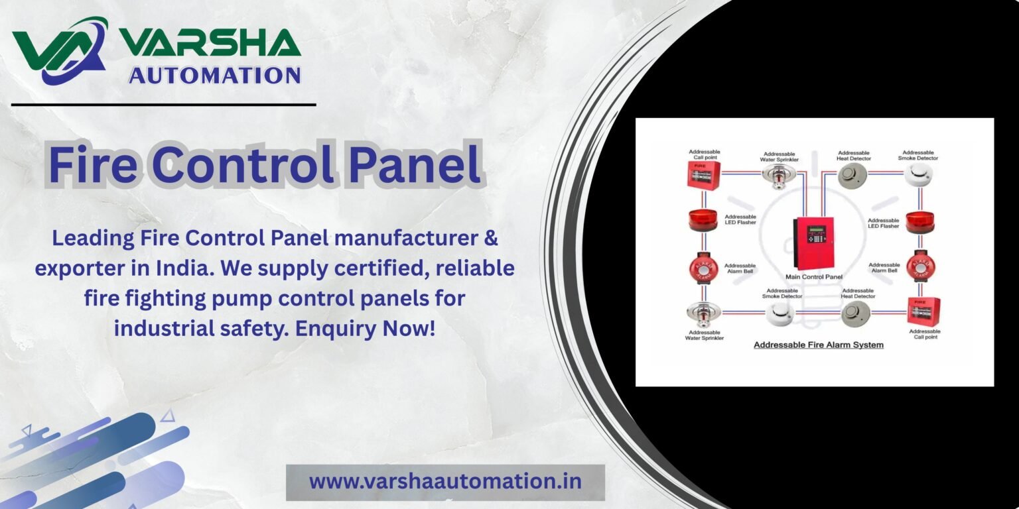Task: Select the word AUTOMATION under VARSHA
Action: pos(215,75)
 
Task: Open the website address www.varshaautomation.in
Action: pos(445,482)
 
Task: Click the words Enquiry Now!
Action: pos(366,329)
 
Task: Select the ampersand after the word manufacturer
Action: pos(491,238)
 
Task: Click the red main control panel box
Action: pos(813,243)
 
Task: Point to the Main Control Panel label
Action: pos(814,277)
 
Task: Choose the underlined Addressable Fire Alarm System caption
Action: pos(819,345)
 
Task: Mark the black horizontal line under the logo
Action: pos(164,105)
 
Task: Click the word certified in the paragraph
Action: pos(382,268)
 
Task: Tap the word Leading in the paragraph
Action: pos(93,239)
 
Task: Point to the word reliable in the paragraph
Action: pos(476,268)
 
